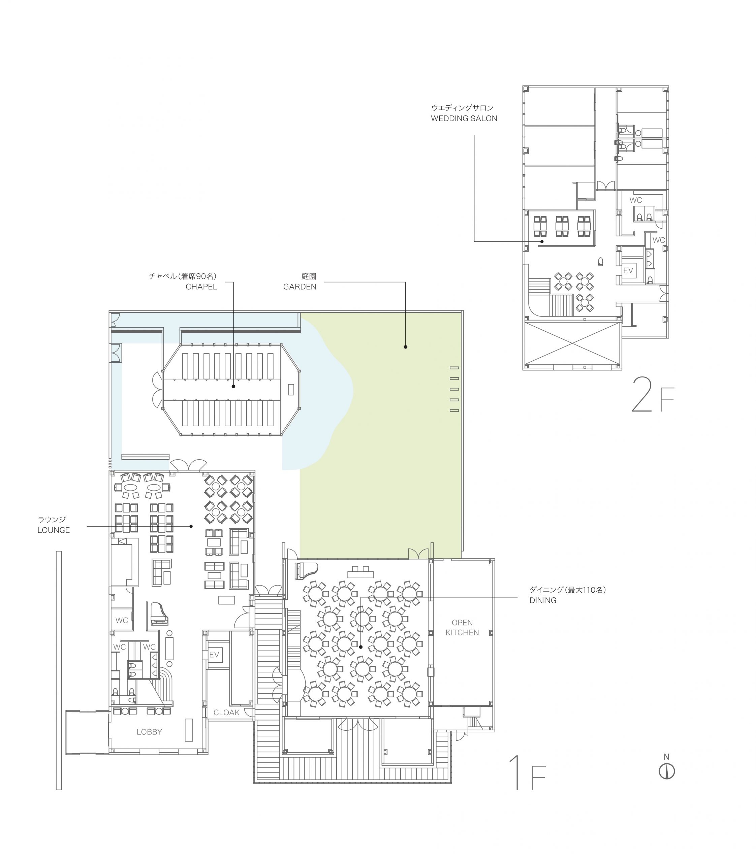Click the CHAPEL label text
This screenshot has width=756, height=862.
pos(201,287)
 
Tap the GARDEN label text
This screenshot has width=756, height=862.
pos(300,287)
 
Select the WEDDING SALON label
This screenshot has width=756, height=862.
pos(464,119)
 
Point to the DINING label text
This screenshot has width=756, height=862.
pos(543,600)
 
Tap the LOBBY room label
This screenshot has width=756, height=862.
pos(149,732)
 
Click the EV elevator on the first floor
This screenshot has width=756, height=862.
pos(214,655)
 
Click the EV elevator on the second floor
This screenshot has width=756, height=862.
pos(628,270)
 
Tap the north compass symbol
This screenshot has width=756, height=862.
pos(667,771)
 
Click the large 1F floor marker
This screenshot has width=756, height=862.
pos(527,772)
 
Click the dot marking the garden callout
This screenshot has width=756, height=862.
pos(405,347)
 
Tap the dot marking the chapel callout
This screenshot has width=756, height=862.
pos(233,386)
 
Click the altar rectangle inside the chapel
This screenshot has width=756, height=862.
pos(291,389)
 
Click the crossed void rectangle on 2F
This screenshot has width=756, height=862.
pos(572,344)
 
